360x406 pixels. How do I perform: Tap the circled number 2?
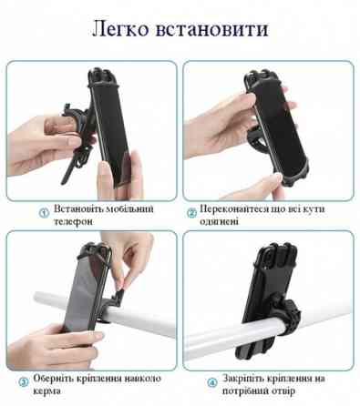point(192,212)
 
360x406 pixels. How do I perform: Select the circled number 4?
point(211,381)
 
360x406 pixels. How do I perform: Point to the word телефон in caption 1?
point(73,221)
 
